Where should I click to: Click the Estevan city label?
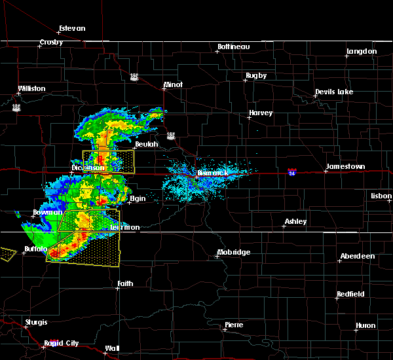point(72,29)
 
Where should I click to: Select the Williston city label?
point(31,88)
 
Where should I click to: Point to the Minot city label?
point(173,85)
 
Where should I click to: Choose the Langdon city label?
point(362,51)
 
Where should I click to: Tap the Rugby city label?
point(256,76)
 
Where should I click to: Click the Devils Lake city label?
point(335,92)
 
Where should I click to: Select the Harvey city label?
point(260,113)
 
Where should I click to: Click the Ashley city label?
point(295,222)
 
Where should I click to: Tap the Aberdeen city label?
point(358,256)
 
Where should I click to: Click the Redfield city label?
point(350,295)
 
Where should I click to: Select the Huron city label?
point(365,325)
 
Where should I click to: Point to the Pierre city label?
point(234,325)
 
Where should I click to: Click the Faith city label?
point(124,284)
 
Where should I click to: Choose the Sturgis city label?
point(36,322)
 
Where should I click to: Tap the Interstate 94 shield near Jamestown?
point(292,172)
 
